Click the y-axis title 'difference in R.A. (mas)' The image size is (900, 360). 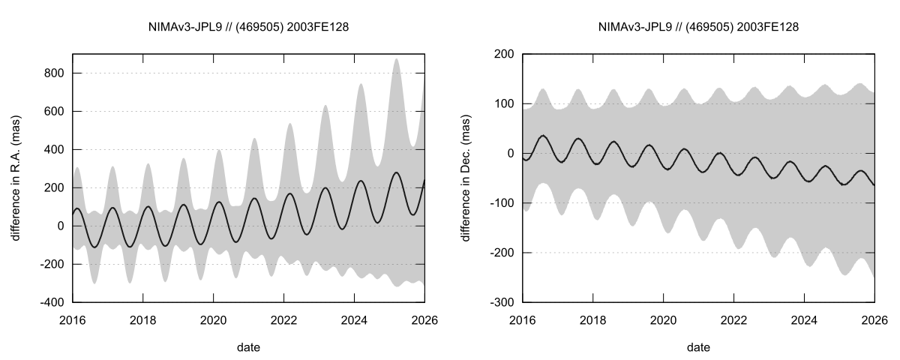16,178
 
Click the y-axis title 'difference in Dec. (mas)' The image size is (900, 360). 466,178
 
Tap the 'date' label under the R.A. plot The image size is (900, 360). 248,347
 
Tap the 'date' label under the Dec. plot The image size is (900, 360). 698,347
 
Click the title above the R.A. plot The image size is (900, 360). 248,27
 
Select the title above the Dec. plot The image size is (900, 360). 698,27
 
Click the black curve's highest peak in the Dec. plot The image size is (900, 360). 542,136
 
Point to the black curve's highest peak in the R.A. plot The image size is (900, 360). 396,172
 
